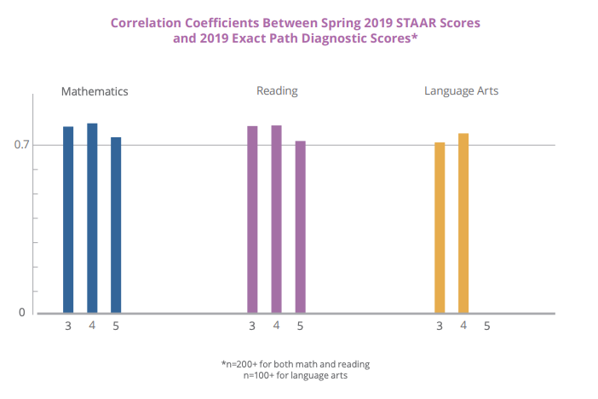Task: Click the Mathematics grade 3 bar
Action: [68, 220]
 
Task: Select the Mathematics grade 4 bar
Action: [92, 218]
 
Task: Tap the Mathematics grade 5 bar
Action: [116, 225]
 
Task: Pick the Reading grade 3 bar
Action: [252, 220]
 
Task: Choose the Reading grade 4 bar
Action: [276, 219]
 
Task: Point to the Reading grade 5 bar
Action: [300, 227]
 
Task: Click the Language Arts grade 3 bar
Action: [440, 228]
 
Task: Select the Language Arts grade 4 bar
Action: [463, 223]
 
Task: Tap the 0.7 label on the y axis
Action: [21, 145]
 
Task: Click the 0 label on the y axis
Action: [22, 313]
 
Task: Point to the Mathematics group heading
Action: [95, 91]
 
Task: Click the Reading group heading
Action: [277, 90]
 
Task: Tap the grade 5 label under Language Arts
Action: [487, 326]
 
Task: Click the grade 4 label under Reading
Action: [276, 326]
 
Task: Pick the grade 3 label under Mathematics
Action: [68, 326]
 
